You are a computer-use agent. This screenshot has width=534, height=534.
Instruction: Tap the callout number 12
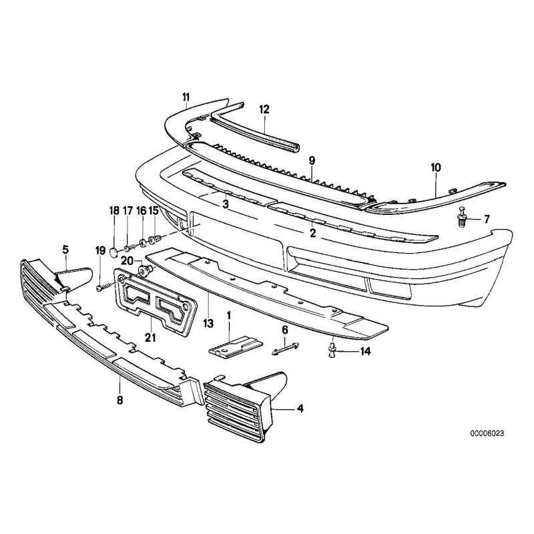(x=264, y=108)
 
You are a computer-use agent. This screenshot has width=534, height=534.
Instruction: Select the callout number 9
(x=311, y=160)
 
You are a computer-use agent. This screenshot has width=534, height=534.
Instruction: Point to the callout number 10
(x=436, y=168)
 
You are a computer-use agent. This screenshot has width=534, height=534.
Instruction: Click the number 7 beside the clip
(x=487, y=218)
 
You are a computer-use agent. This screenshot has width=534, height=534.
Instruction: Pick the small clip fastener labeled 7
(x=462, y=218)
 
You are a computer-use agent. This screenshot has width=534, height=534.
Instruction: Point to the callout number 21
(x=150, y=338)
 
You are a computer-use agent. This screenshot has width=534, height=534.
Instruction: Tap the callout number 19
(x=100, y=250)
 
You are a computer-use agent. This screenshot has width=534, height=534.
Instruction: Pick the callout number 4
(x=300, y=408)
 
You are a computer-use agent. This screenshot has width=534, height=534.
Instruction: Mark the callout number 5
(x=65, y=250)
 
